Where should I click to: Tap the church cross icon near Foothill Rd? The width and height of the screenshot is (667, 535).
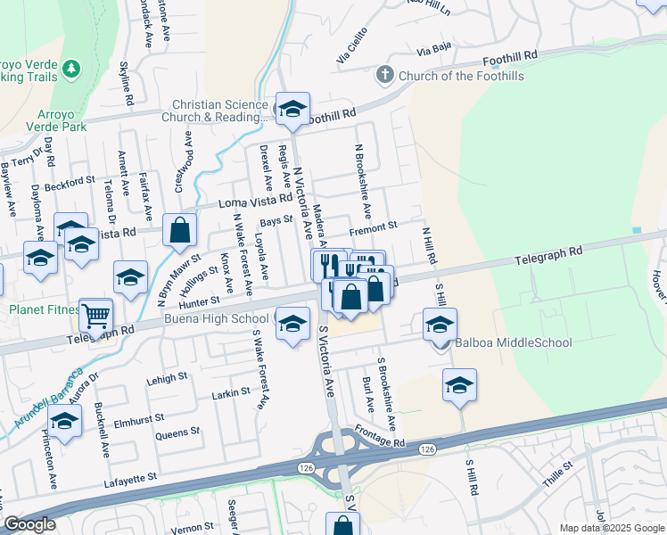coord(384,74)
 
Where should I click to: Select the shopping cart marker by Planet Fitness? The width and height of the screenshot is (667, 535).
coord(95,314)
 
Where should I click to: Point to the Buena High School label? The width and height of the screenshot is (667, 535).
coord(216,319)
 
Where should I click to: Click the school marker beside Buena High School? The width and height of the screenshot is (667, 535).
coord(292,323)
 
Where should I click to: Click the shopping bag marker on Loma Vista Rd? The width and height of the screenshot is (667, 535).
coord(180,230)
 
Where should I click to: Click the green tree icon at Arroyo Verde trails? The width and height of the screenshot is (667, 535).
coord(72,69)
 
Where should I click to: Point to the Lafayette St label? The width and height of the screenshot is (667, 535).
coord(126,478)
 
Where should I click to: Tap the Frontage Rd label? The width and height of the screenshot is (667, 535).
coord(383,441)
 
